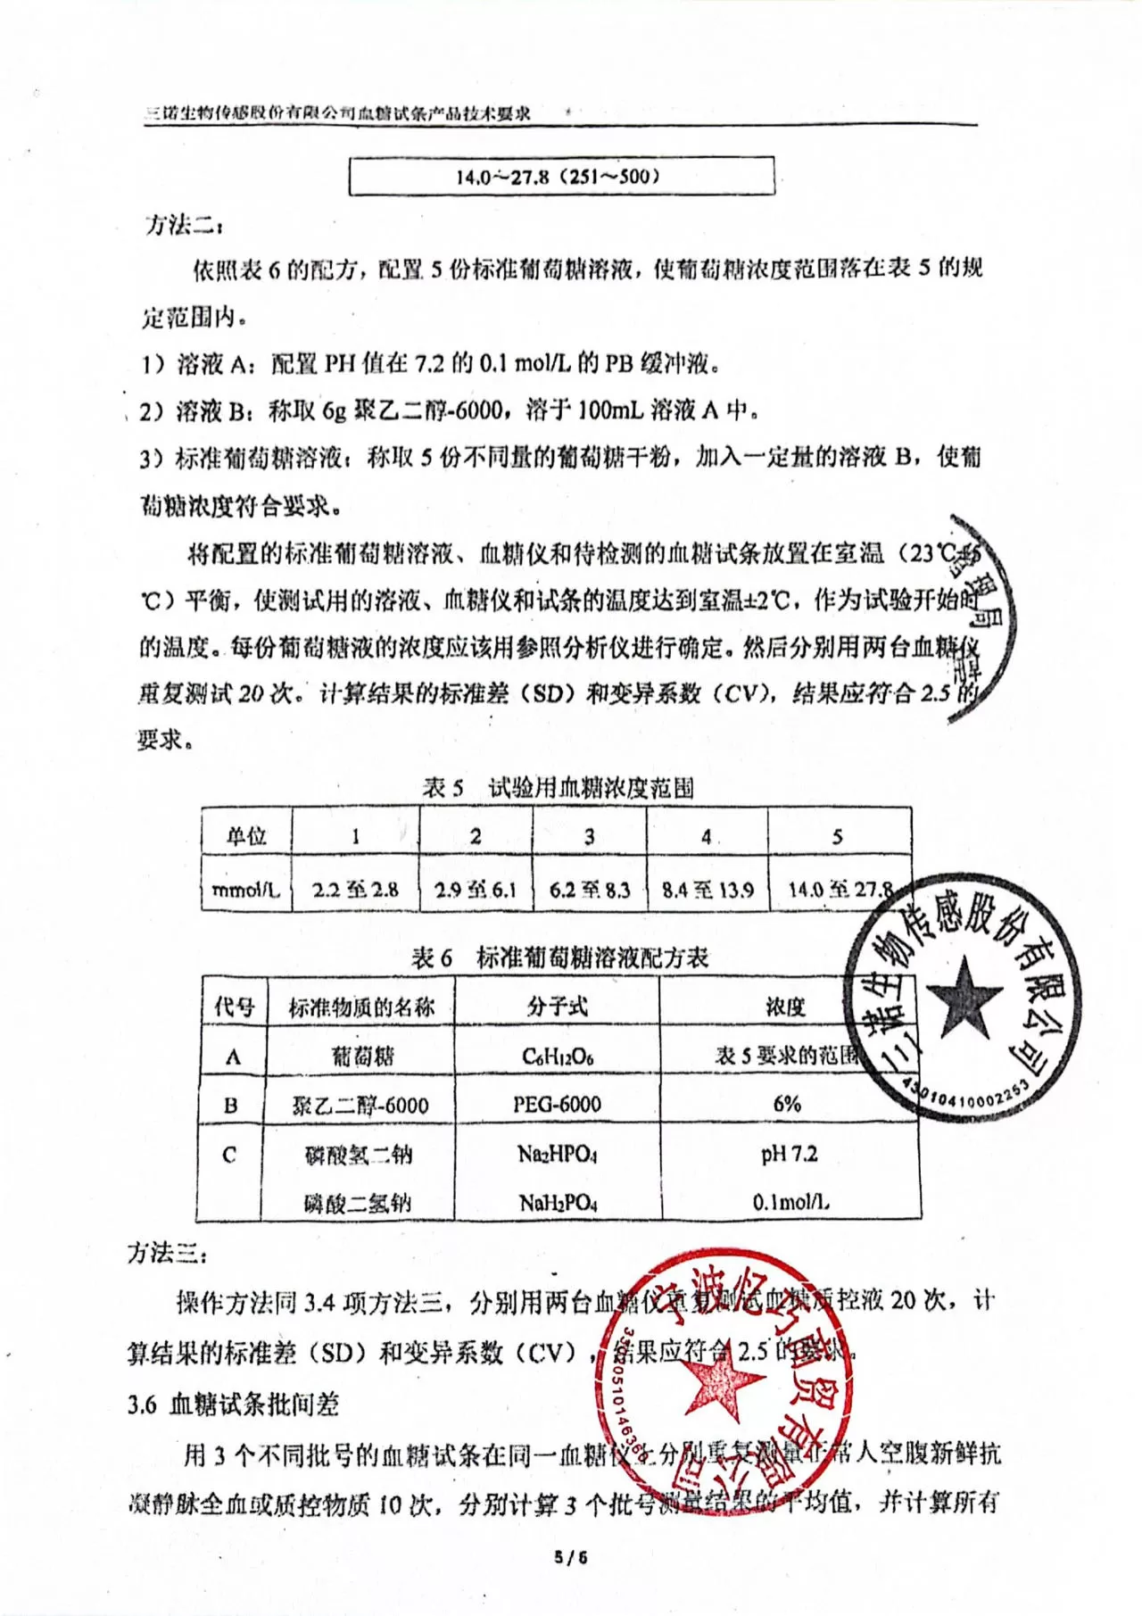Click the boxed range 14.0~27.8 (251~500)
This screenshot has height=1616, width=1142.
click(560, 176)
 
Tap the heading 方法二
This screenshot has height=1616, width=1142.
click(178, 224)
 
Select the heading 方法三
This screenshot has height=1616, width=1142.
click(167, 1253)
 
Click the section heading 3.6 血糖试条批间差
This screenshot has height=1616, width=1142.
click(233, 1405)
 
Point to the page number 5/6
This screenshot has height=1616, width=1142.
click(571, 1558)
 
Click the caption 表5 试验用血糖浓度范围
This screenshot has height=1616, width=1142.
click(559, 788)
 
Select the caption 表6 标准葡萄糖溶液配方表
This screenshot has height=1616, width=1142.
click(559, 957)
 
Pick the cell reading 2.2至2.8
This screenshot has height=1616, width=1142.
click(355, 890)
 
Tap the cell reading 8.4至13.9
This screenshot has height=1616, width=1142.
click(707, 890)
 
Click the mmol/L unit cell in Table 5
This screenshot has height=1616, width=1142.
click(246, 890)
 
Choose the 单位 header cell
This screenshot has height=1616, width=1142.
click(246, 836)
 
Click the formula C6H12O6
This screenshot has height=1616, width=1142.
click(558, 1057)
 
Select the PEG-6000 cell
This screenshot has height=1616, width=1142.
click(558, 1105)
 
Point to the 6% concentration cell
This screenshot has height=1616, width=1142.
click(787, 1105)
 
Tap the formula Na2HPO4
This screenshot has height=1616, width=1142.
click(558, 1155)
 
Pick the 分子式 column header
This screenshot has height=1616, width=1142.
click(558, 1007)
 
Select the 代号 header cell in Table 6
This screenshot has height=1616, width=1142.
click(234, 1007)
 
